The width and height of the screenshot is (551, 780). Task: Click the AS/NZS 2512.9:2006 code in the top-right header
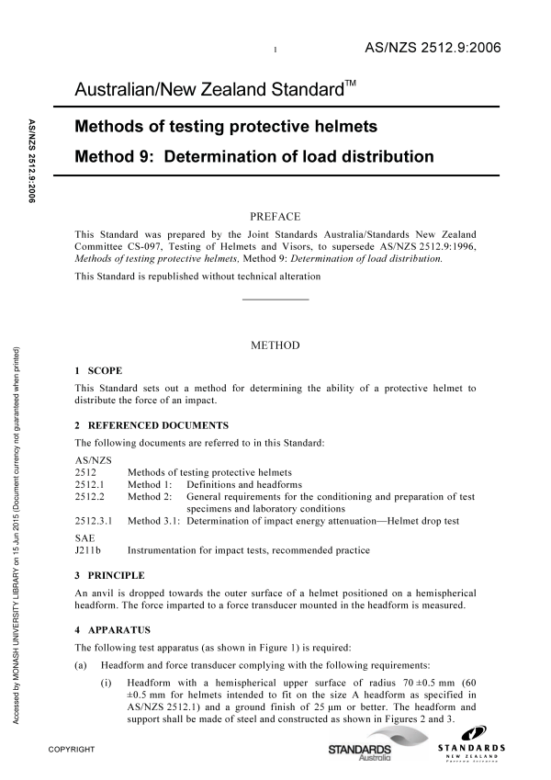433,48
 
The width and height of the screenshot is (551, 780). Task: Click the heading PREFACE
275,217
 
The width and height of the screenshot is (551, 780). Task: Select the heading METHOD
275,346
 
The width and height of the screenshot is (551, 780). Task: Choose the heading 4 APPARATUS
112,631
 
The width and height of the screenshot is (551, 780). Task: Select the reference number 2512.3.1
93,521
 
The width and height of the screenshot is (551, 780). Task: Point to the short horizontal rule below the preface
275,300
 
